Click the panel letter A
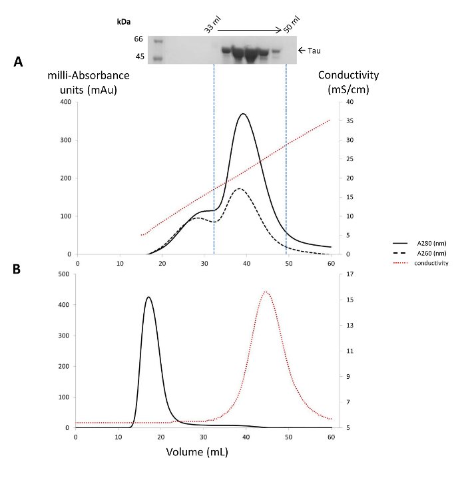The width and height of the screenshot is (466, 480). (x=18, y=61)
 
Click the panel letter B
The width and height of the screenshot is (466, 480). (x=17, y=269)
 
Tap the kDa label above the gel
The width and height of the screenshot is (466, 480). (x=124, y=22)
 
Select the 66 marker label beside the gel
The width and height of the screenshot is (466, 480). (x=138, y=39)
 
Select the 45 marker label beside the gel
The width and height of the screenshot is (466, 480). (x=140, y=57)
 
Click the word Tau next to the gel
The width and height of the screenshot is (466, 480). (x=314, y=51)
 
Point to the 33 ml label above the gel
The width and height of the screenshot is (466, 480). (x=212, y=25)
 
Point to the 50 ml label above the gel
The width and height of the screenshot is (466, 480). (x=292, y=25)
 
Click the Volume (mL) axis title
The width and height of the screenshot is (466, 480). (x=197, y=452)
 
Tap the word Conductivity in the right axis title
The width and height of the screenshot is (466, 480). (x=348, y=75)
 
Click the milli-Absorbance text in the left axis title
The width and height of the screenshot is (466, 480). (x=89, y=75)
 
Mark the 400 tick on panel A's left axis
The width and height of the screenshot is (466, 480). (x=66, y=102)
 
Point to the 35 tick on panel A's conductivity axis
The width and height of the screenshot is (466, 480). (x=349, y=121)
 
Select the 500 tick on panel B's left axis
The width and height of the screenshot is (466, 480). (x=64, y=274)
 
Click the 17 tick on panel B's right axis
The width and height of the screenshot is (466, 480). (x=349, y=274)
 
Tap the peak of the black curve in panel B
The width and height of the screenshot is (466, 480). (x=149, y=297)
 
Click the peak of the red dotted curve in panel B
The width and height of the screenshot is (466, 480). (x=266, y=292)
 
